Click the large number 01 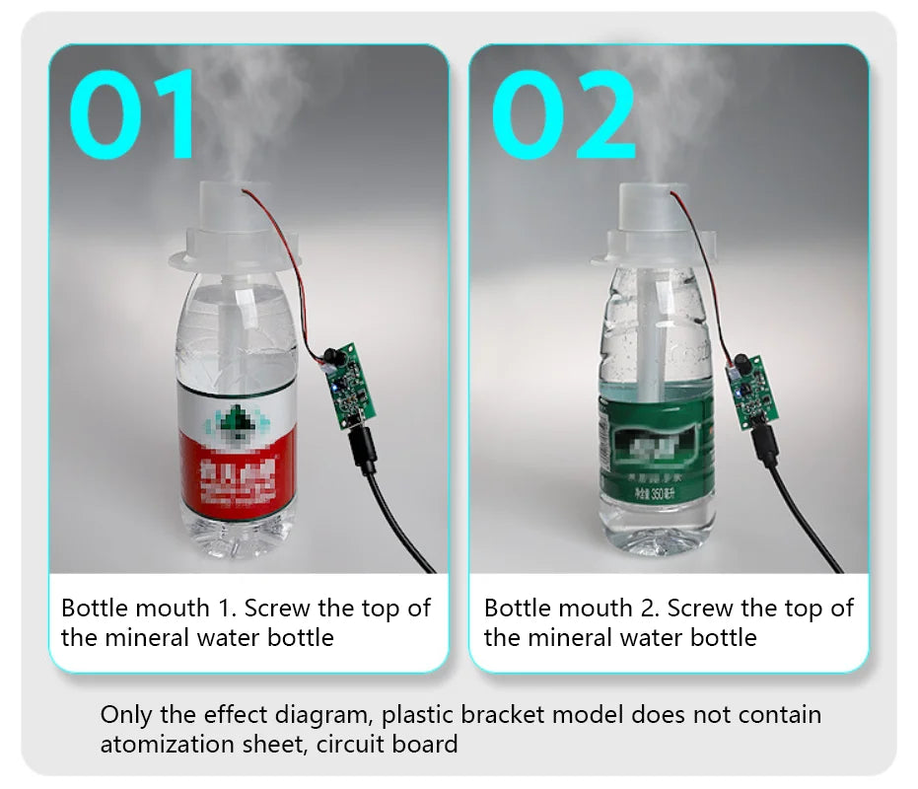pyautogui.click(x=133, y=114)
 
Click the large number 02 pyautogui.click(x=564, y=116)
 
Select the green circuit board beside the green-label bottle pyautogui.click(x=749, y=392)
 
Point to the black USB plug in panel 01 pyautogui.click(x=363, y=449)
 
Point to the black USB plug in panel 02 pyautogui.click(x=766, y=442)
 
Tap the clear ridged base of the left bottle pyautogui.click(x=236, y=538)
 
